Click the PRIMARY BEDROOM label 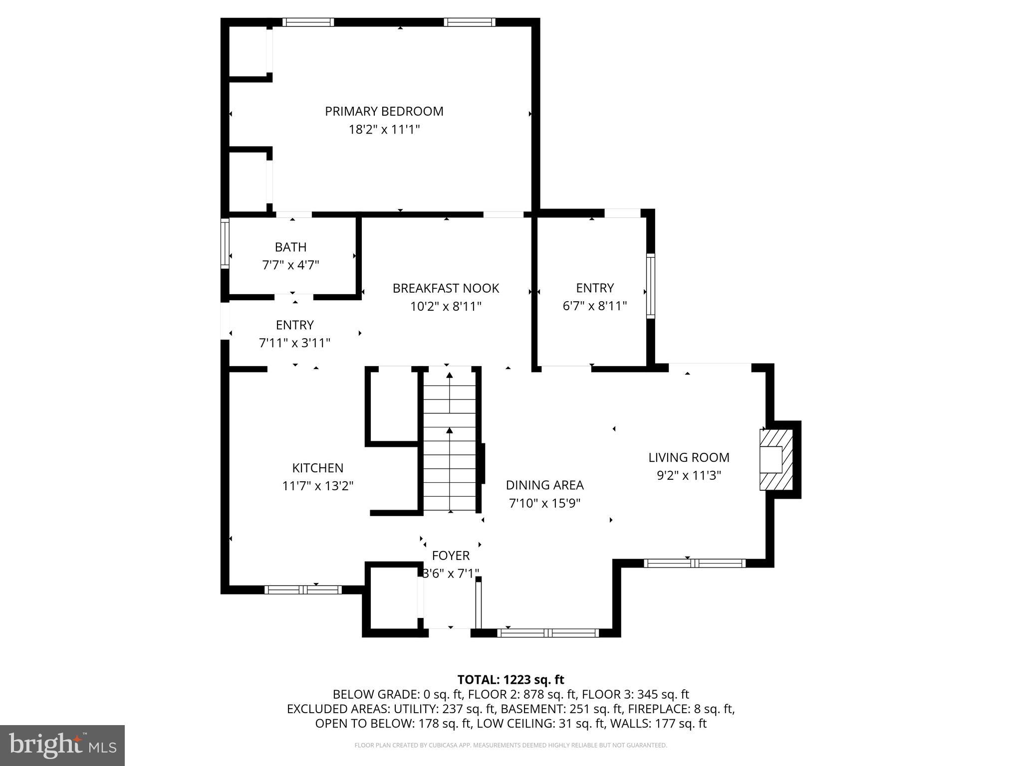pos(384,111)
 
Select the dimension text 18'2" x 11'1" pos(384,130)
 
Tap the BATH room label pos(290,247)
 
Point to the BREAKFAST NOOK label pos(446,288)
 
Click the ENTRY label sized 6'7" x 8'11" pos(595,288)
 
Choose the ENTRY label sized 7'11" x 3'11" pos(294,325)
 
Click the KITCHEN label pos(317,468)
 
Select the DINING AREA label pos(544,485)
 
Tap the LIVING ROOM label pos(689,457)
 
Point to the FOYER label pos(451,556)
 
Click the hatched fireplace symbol pos(776,460)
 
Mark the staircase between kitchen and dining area pos(450,439)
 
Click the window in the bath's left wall pos(225,243)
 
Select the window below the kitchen pos(303,589)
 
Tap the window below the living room pos(695,564)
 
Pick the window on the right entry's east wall pos(650,286)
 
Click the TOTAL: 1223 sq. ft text pos(511,679)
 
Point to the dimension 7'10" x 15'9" pos(544,503)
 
